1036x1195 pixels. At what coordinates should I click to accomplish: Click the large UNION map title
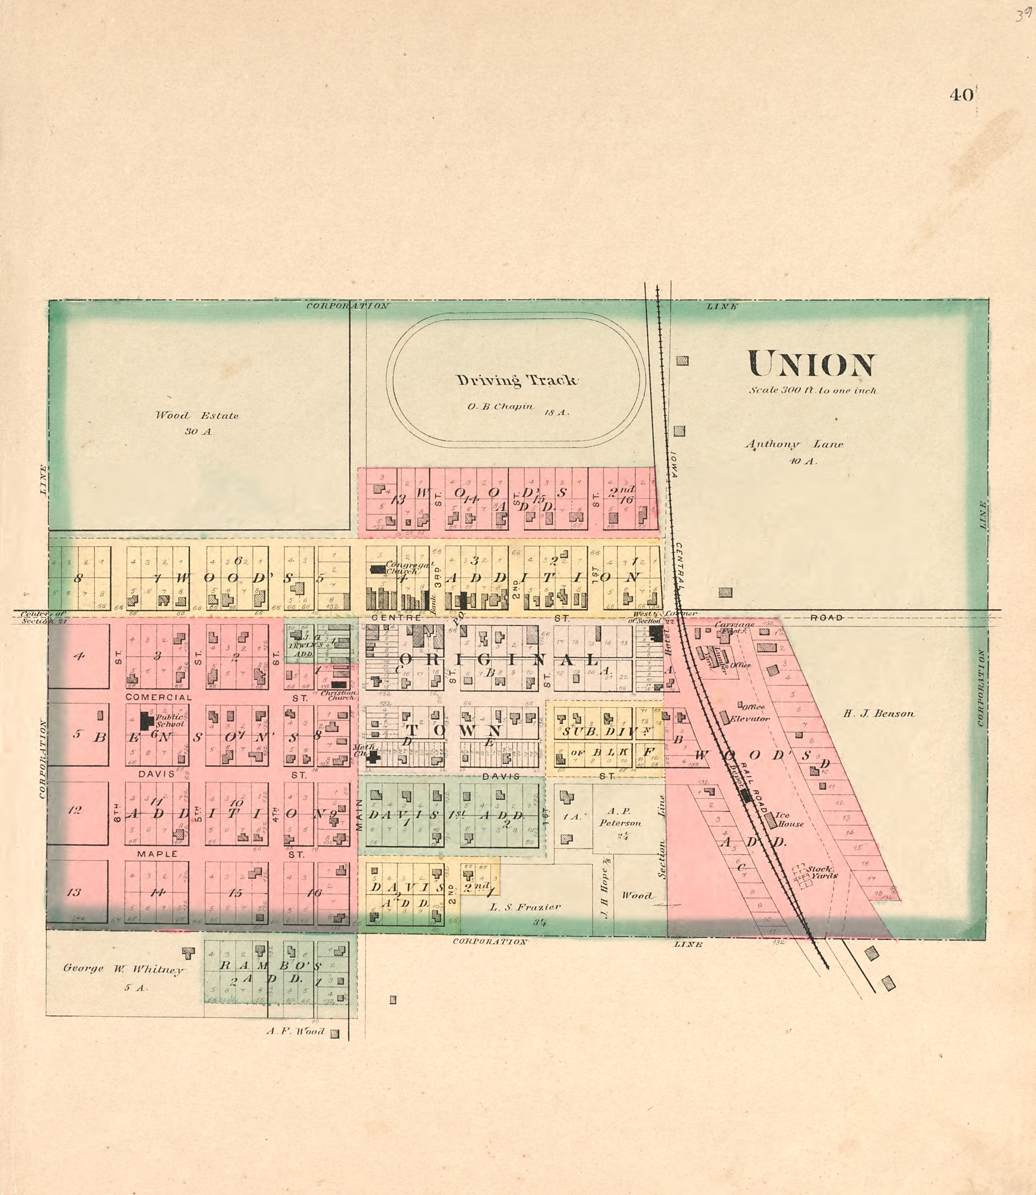pyautogui.click(x=811, y=365)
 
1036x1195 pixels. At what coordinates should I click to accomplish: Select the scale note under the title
pyautogui.click(x=813, y=390)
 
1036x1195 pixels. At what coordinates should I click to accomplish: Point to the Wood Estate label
pyautogui.click(x=197, y=415)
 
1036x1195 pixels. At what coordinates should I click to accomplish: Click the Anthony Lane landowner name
pyautogui.click(x=794, y=444)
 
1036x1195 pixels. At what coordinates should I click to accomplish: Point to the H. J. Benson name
pyautogui.click(x=878, y=713)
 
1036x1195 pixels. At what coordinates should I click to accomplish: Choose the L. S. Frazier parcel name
pyautogui.click(x=525, y=907)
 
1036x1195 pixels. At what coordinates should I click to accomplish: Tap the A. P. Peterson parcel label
pyautogui.click(x=620, y=817)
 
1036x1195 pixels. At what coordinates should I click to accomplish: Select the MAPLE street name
pyautogui.click(x=157, y=854)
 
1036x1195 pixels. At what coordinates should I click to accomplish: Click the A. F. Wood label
pyautogui.click(x=296, y=1031)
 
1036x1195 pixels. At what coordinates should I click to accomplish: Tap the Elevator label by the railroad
pyautogui.click(x=750, y=719)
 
